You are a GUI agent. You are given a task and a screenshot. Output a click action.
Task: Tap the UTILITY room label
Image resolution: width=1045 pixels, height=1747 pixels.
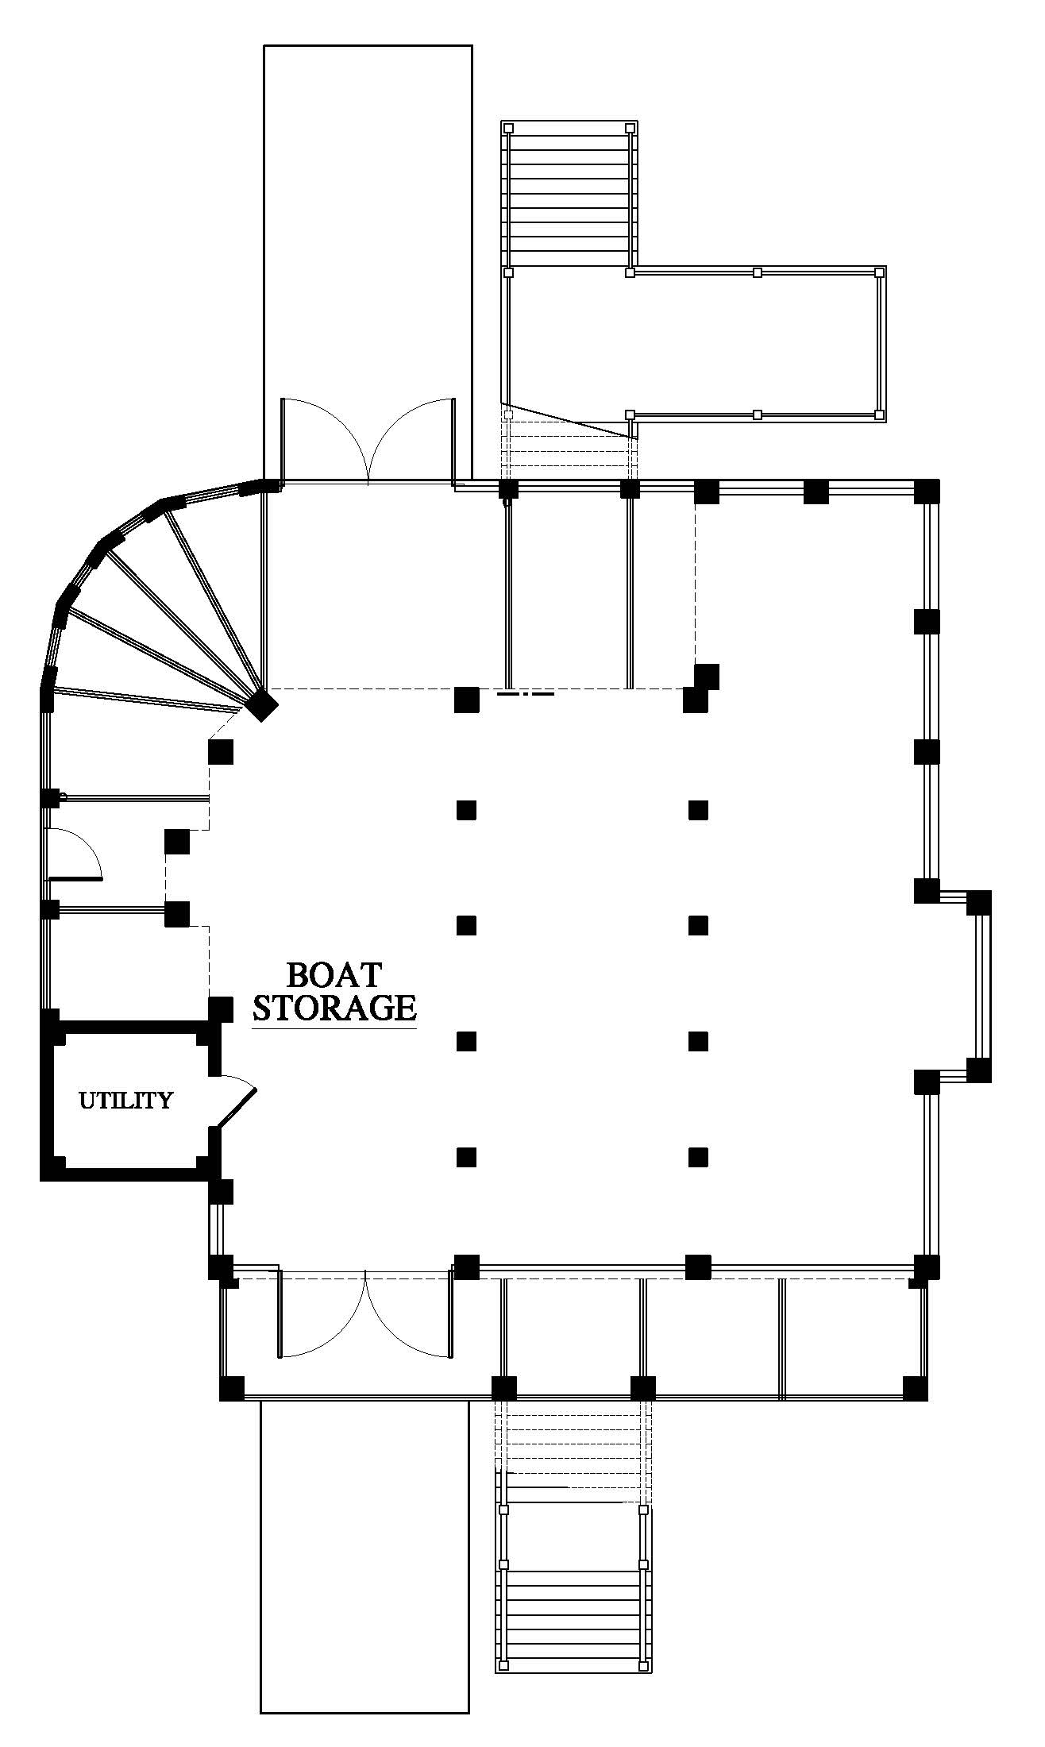125,1100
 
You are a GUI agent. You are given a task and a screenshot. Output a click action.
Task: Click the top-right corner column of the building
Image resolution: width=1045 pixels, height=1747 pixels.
927,491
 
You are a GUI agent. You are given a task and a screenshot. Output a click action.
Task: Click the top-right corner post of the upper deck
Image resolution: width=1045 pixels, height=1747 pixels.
879,272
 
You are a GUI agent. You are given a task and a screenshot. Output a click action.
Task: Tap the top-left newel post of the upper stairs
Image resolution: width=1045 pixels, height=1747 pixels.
509,128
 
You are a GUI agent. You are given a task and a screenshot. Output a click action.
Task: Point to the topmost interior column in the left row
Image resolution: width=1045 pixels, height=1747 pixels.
466,810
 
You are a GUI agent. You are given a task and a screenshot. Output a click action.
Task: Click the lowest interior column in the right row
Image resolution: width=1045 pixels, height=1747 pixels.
698,1156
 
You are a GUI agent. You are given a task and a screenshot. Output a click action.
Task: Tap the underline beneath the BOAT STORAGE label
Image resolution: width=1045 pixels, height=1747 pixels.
334,1029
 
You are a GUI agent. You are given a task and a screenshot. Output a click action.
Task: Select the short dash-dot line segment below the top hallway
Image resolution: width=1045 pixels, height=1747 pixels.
525,693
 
